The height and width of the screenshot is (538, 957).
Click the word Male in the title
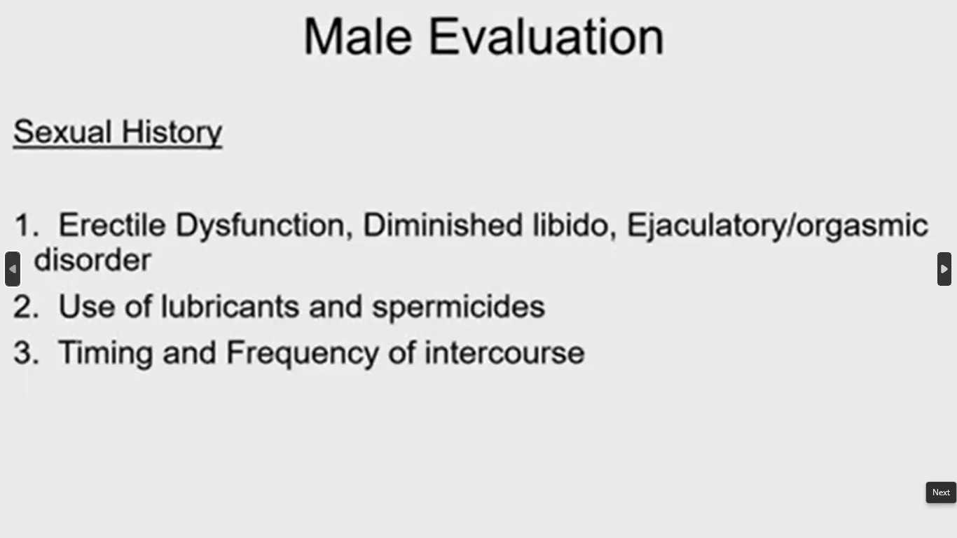(x=358, y=36)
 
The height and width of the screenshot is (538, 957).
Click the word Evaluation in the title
(x=546, y=36)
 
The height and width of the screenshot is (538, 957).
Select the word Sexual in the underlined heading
(x=63, y=132)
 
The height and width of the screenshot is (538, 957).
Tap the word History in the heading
(x=172, y=132)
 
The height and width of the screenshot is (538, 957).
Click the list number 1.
(x=27, y=225)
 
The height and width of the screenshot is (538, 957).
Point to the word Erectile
(x=112, y=225)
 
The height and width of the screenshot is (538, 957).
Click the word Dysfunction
(x=264, y=226)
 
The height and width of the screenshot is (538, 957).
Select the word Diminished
(x=443, y=225)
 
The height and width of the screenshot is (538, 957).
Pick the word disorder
(x=92, y=260)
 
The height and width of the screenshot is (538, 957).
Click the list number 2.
(x=26, y=306)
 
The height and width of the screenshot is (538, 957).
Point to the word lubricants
(x=230, y=306)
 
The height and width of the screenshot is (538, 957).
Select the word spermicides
(x=458, y=308)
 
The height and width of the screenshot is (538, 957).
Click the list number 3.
(x=26, y=352)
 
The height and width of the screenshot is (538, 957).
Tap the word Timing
(x=106, y=354)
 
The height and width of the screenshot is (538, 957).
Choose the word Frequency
(x=303, y=354)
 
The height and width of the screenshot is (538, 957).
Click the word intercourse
(x=504, y=353)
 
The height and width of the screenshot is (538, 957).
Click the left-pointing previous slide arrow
(x=13, y=269)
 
